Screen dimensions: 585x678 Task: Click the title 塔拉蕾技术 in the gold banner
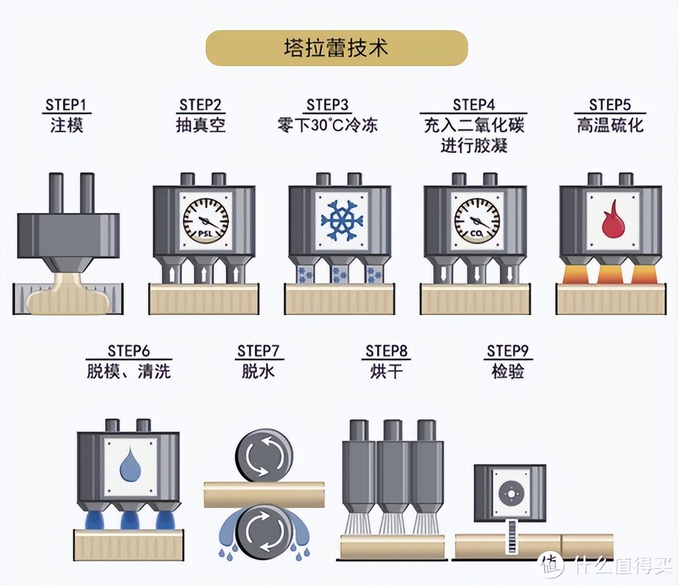click(x=336, y=48)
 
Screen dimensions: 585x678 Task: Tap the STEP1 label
click(x=67, y=105)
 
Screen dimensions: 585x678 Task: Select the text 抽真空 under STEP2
click(x=201, y=125)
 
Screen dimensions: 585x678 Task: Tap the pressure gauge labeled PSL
click(x=206, y=220)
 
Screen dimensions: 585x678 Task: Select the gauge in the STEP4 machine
click(x=477, y=220)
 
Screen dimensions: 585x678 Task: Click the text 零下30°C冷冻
click(x=328, y=125)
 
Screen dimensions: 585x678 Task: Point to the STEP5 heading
click(x=610, y=105)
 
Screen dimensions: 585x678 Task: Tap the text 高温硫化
click(x=610, y=125)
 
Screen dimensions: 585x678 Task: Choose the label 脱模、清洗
click(x=129, y=372)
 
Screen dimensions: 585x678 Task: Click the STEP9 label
click(x=507, y=351)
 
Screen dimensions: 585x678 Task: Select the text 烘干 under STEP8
click(x=386, y=372)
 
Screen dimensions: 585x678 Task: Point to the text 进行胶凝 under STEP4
click(x=474, y=146)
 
